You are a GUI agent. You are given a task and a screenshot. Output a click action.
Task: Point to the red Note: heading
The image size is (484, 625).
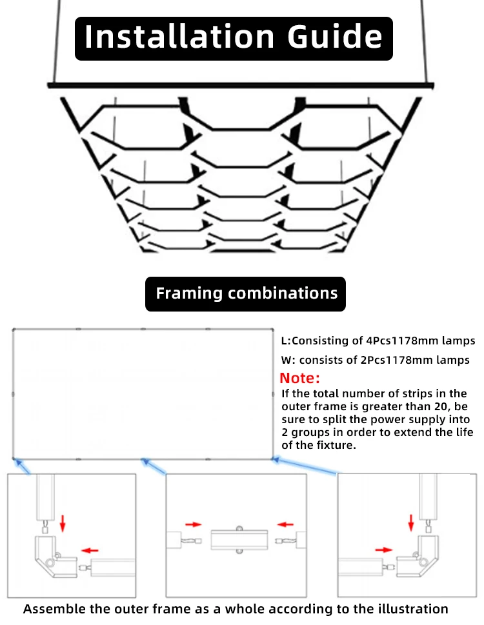tap(299, 378)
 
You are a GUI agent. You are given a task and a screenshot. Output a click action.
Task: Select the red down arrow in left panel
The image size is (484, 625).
tap(63, 523)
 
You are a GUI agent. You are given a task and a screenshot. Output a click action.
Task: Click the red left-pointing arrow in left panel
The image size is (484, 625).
tap(90, 550)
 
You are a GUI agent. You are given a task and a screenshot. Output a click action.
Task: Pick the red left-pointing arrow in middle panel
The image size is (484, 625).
tap(285, 524)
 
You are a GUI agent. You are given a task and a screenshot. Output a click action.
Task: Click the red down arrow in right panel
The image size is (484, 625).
tap(410, 522)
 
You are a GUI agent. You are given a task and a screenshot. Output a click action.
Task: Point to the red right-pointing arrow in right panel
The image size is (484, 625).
tap(383, 550)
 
